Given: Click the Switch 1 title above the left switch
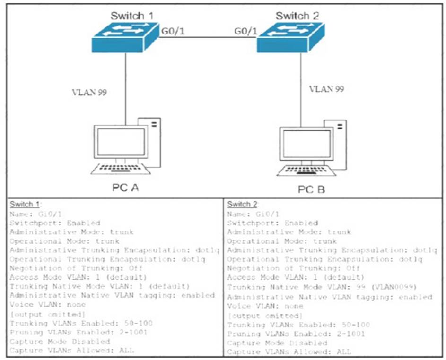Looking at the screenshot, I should point(132,16).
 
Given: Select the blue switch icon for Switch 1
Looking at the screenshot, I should point(125,38).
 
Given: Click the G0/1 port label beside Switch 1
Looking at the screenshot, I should point(172,31).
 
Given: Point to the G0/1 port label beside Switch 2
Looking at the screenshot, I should point(245,31).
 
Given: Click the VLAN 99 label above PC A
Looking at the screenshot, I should point(89,92).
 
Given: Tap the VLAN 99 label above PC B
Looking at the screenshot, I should point(326,89).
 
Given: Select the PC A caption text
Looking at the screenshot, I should point(121,187).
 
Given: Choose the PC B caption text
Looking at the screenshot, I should point(311,190).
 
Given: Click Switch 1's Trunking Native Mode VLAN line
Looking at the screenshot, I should point(99,286).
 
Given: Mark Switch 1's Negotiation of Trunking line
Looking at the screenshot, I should point(76,268).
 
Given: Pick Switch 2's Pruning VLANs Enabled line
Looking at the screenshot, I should point(296,334).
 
